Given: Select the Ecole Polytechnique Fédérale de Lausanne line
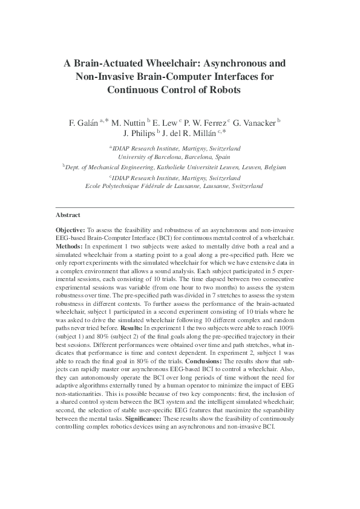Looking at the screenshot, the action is (174, 186).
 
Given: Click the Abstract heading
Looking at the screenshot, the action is (68, 215).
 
